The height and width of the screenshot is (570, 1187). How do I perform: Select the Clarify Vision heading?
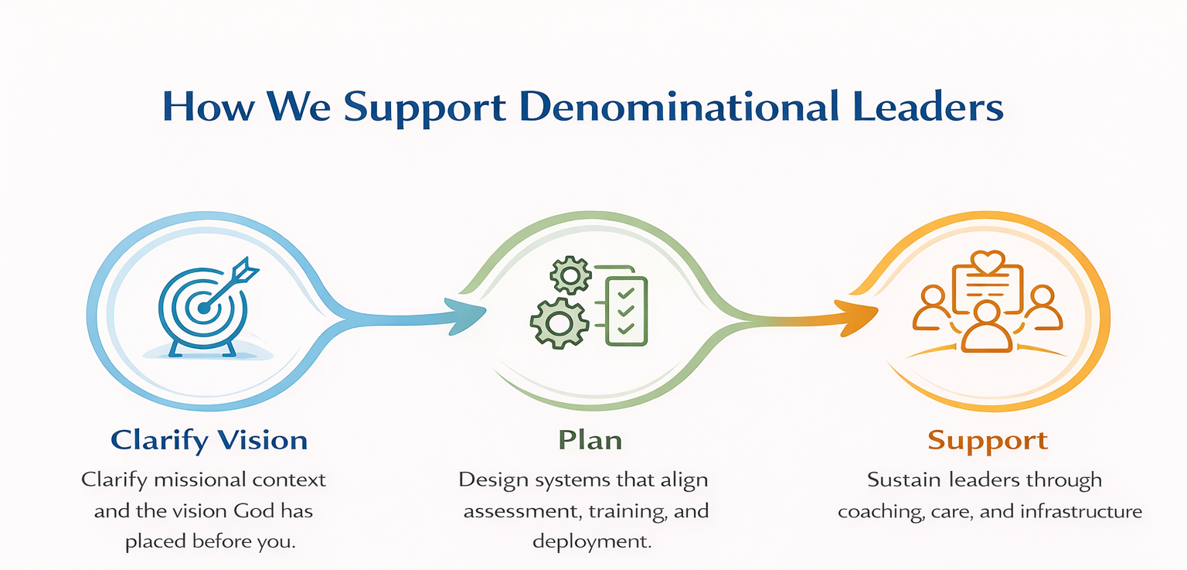click(x=209, y=440)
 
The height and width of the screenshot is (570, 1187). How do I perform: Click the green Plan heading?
click(x=590, y=440)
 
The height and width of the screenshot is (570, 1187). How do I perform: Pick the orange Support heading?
click(x=988, y=441)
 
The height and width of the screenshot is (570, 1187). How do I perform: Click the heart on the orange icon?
click(x=988, y=261)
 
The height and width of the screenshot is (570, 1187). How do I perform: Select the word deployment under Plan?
click(x=592, y=541)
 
